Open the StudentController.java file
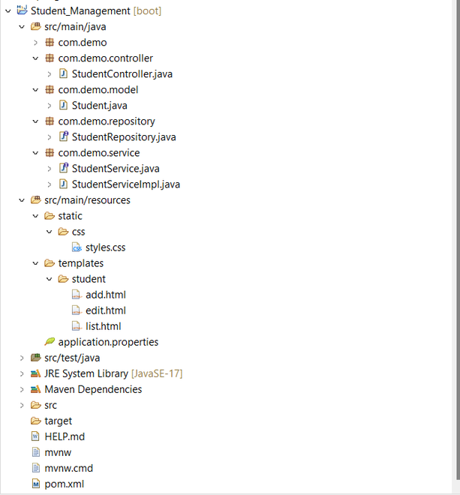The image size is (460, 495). coord(122,73)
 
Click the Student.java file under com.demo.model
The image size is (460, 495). coord(100,106)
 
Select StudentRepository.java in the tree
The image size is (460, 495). coord(124,137)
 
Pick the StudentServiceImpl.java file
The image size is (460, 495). coord(126,184)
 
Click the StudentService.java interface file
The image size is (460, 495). coord(116,169)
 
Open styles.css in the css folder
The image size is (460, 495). coord(106,247)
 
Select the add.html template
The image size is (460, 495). coord(106,295)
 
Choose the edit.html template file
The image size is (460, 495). coord(106,310)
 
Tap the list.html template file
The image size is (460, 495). coord(104,326)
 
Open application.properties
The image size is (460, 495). coord(108,342)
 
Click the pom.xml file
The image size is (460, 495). coord(65,484)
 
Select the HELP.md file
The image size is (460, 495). coord(65,436)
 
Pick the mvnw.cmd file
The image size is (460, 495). coord(69,468)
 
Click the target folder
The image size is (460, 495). coord(59,421)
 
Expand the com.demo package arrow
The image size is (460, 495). coord(36,43)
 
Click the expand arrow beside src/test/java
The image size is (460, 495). coord(22,358)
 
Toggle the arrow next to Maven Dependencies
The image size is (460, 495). coord(22,389)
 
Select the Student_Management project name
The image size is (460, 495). coord(80,11)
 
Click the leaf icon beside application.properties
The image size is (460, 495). coord(50,341)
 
